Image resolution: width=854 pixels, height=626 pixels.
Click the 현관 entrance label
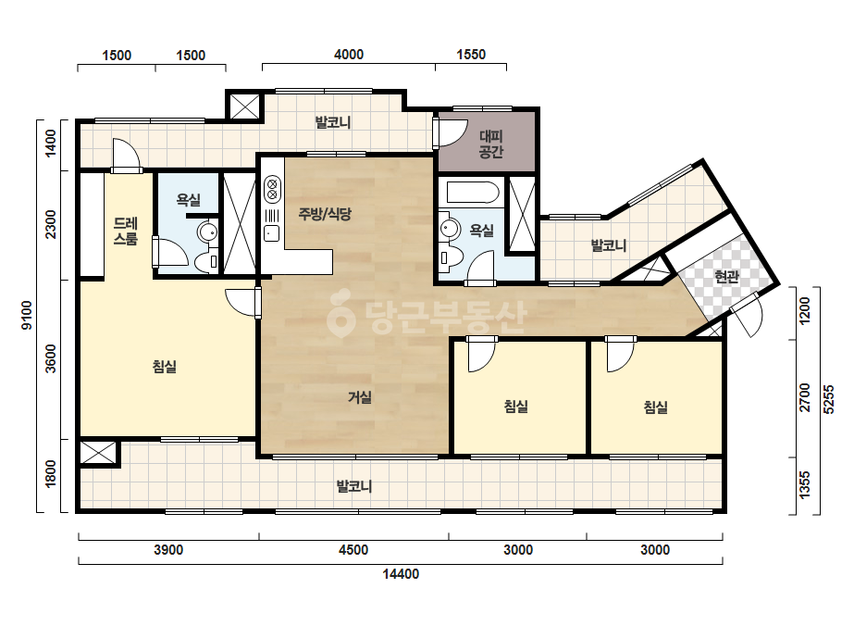(726, 277)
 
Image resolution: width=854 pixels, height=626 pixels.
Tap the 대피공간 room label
(490, 144)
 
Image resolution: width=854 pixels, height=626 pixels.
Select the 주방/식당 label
(325, 214)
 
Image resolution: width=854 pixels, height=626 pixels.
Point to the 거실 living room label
(360, 397)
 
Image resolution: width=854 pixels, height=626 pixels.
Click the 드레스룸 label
(125, 232)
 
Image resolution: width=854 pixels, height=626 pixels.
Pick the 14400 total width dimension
(401, 574)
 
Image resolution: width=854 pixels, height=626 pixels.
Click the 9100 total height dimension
(27, 315)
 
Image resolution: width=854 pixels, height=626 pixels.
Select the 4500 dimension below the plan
(353, 550)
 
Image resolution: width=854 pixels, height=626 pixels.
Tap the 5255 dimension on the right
(828, 400)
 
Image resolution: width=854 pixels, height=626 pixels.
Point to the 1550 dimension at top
(471, 54)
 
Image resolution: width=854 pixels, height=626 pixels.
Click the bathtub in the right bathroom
(473, 192)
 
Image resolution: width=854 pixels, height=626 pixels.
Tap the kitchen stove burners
(272, 189)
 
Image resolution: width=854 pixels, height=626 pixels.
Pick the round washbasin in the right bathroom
(451, 228)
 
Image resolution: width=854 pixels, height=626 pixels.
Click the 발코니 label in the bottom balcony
(354, 486)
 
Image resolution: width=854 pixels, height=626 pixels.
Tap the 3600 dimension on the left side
(51, 358)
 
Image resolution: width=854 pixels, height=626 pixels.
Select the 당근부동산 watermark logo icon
(340, 315)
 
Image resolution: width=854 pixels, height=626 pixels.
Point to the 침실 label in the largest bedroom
(165, 367)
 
